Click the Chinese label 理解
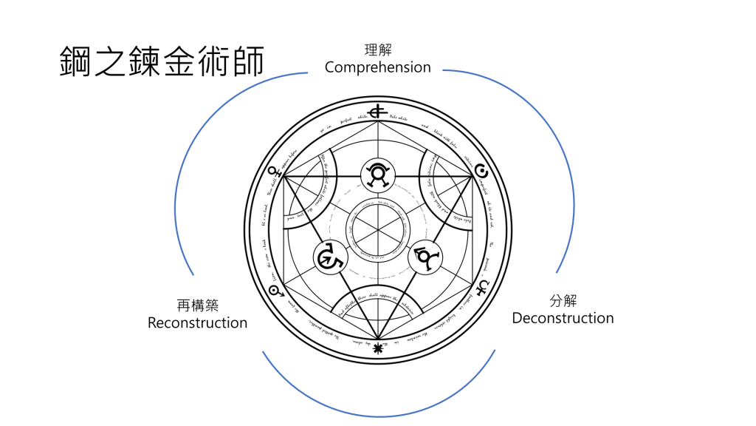point(378,50)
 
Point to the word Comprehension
point(378,67)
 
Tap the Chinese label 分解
point(563,301)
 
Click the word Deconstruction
point(563,319)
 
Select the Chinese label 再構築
point(197,305)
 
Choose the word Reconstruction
point(197,323)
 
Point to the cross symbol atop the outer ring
point(379,112)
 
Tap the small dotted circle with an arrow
point(276,291)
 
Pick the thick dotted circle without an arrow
point(481,167)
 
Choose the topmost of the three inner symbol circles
point(379,174)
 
